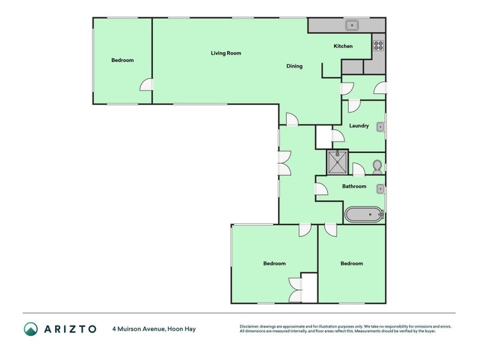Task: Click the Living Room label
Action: pos(226,53)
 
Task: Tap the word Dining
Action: pos(294,66)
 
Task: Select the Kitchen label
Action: pos(343,46)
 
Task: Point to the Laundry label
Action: pos(359,126)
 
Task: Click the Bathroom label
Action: pos(354,187)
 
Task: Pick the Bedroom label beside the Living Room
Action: pos(122,60)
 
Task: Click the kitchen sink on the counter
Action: pos(352,25)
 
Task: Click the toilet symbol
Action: pos(377,166)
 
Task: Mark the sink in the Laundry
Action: pos(380,127)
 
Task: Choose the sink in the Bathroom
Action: pos(380,189)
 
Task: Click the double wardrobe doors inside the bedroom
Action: pos(295,291)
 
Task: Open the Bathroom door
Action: pos(322,190)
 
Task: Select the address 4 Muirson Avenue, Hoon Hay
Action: pos(154,329)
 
